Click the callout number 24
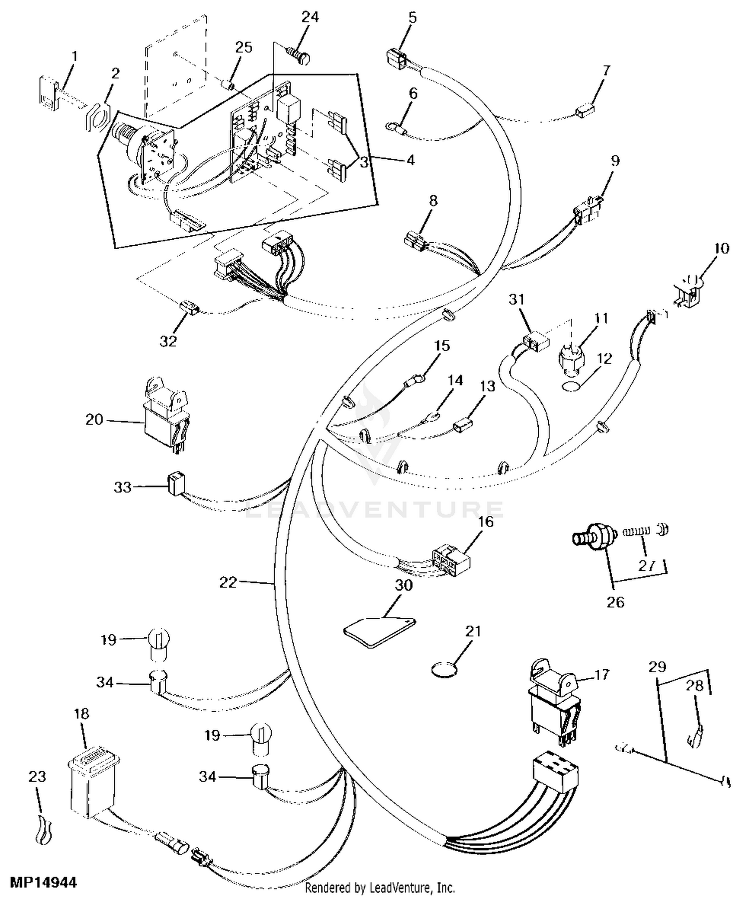click(310, 17)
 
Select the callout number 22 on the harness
click(228, 582)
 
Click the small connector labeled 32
click(188, 307)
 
